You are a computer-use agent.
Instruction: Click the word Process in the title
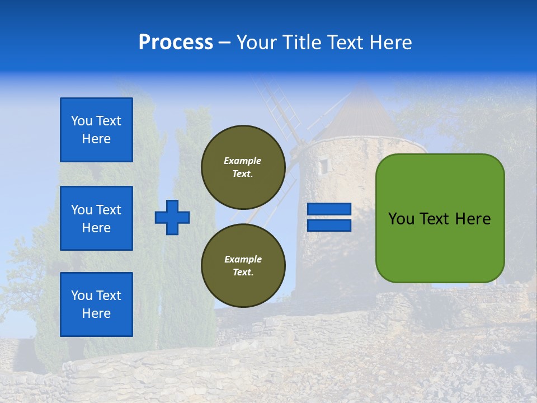[176, 43]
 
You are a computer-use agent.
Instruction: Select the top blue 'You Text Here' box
[96, 130]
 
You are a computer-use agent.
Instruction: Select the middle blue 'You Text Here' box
[96, 218]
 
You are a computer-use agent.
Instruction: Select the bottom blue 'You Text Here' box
[96, 304]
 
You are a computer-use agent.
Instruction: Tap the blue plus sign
[172, 217]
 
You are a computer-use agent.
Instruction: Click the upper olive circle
[243, 167]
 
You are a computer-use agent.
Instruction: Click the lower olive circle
[243, 265]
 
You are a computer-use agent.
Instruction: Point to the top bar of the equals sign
[329, 209]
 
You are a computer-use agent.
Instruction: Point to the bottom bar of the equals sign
[329, 225]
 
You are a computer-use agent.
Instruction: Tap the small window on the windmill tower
[324, 166]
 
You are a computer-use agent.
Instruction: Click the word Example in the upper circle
[242, 161]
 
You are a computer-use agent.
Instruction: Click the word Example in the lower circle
[243, 259]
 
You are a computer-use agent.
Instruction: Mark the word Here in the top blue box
[96, 139]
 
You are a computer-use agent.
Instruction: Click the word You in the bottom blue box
[82, 296]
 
